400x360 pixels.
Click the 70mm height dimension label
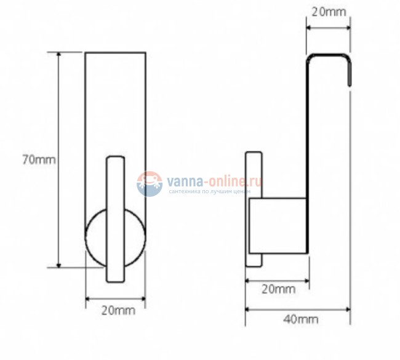coord(39,160)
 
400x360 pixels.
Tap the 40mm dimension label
coord(301,319)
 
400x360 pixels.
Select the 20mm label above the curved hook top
coord(329,12)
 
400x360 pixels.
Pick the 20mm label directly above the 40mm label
coord(279,289)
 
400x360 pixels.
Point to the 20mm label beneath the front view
coord(118,311)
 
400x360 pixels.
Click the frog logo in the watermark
coord(150,184)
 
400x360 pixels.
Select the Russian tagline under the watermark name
coord(209,191)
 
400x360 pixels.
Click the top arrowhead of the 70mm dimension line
coord(58,54)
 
